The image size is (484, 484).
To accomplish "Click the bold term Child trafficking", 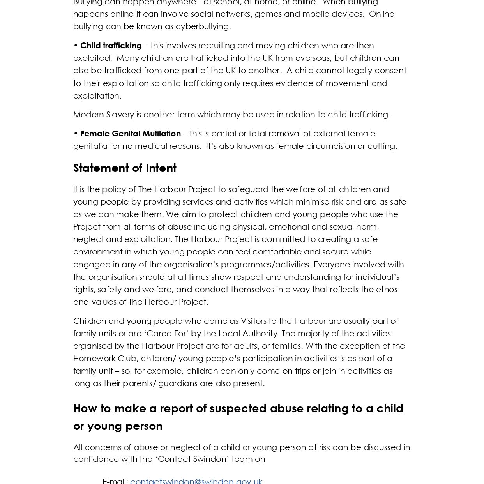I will (x=111, y=46).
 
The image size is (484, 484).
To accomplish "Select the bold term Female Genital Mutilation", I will (x=131, y=134).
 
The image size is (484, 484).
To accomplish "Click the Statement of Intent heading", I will (x=125, y=168).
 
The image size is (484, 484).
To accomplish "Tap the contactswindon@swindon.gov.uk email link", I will (x=196, y=481).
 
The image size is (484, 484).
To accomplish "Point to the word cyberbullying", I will (x=203, y=26).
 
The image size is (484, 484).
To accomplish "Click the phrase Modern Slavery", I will (x=103, y=115).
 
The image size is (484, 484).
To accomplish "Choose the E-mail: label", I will (x=115, y=481).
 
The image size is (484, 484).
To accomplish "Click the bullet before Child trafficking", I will (x=76, y=46).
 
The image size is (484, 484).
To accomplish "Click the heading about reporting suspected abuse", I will (x=238, y=417).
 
